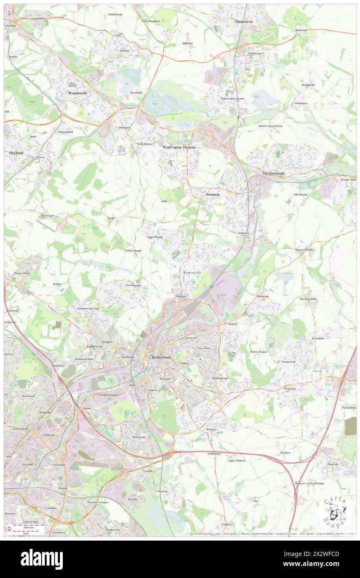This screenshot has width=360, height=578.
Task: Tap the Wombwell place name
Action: [77, 93]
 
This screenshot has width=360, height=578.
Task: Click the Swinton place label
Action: [212, 194]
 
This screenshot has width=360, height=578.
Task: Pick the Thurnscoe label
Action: [244, 21]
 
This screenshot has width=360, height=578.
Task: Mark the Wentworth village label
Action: [48, 216]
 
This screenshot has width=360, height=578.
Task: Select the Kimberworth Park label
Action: [89, 309]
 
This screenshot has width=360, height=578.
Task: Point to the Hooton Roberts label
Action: [305, 249]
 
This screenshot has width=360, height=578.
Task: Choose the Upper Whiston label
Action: [237, 460]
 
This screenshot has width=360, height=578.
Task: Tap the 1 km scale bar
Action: [29, 533]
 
